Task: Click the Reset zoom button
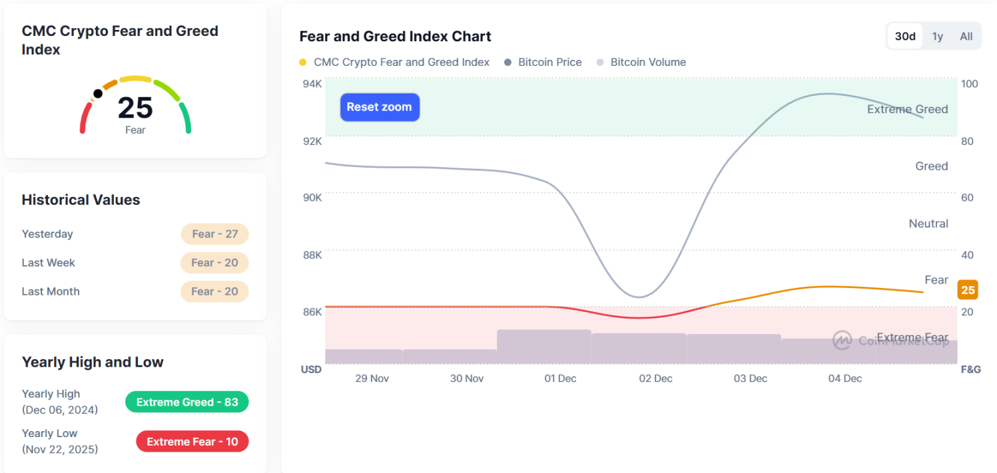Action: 380,107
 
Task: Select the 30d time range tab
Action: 904,37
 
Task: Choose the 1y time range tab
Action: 937,37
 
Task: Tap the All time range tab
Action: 966,37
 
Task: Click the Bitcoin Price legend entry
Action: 549,63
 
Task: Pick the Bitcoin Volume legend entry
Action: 647,63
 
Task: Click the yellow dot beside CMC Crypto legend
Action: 303,63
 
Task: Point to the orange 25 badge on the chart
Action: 968,290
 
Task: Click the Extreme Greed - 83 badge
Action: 187,402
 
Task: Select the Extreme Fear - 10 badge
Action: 192,442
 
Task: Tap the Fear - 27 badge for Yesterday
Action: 214,234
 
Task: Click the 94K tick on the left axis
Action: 313,84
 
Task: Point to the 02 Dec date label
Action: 655,379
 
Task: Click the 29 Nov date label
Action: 372,379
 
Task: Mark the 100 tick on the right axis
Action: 969,84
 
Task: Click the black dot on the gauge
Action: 98,94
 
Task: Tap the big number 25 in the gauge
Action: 135,108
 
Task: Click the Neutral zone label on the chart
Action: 928,224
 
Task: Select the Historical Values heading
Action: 81,200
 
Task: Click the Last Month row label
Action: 51,291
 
